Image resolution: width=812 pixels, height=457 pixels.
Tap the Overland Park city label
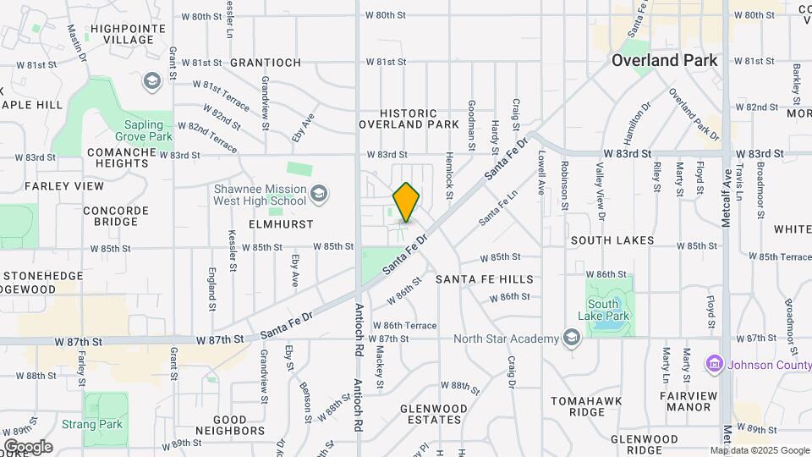coord(664,60)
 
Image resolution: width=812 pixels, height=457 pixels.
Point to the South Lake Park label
coord(609,310)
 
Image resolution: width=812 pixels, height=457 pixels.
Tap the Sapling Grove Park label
coord(143,130)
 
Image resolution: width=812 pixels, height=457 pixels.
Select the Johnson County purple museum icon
coord(714,364)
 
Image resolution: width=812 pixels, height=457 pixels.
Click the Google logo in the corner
coord(28,447)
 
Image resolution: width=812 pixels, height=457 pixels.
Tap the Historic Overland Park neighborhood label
coord(409,118)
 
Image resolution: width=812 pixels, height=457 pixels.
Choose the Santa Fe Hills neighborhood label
coord(484,279)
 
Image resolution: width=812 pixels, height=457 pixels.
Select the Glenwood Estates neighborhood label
coord(433,414)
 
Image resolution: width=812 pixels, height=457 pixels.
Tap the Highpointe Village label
coord(122,34)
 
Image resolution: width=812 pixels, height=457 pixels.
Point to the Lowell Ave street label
coord(541,173)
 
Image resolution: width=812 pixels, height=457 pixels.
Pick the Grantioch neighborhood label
coord(265,63)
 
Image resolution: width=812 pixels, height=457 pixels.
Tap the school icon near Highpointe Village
coord(152,81)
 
